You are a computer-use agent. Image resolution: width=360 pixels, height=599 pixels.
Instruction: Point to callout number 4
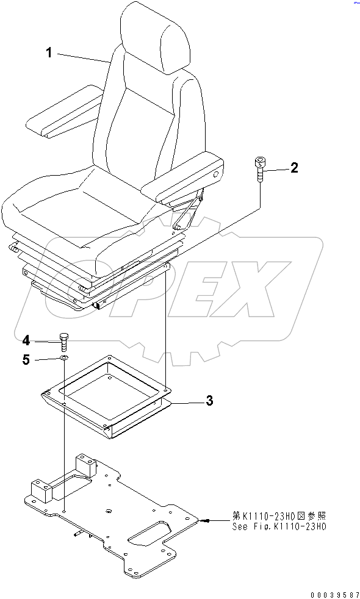tap(27, 340)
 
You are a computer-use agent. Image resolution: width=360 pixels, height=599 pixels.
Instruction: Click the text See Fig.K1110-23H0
tap(279, 526)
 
